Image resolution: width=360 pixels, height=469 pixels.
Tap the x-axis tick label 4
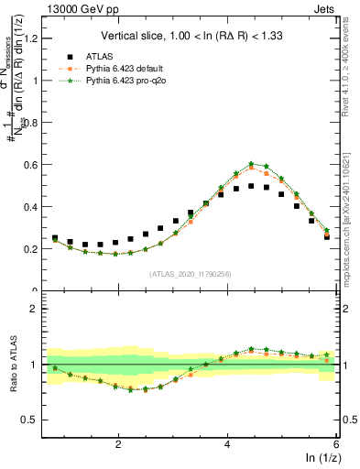227,443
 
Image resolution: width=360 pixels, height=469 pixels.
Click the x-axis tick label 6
335,443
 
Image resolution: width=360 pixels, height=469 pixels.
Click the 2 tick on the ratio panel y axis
36,309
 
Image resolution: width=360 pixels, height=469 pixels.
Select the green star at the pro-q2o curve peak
251,164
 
